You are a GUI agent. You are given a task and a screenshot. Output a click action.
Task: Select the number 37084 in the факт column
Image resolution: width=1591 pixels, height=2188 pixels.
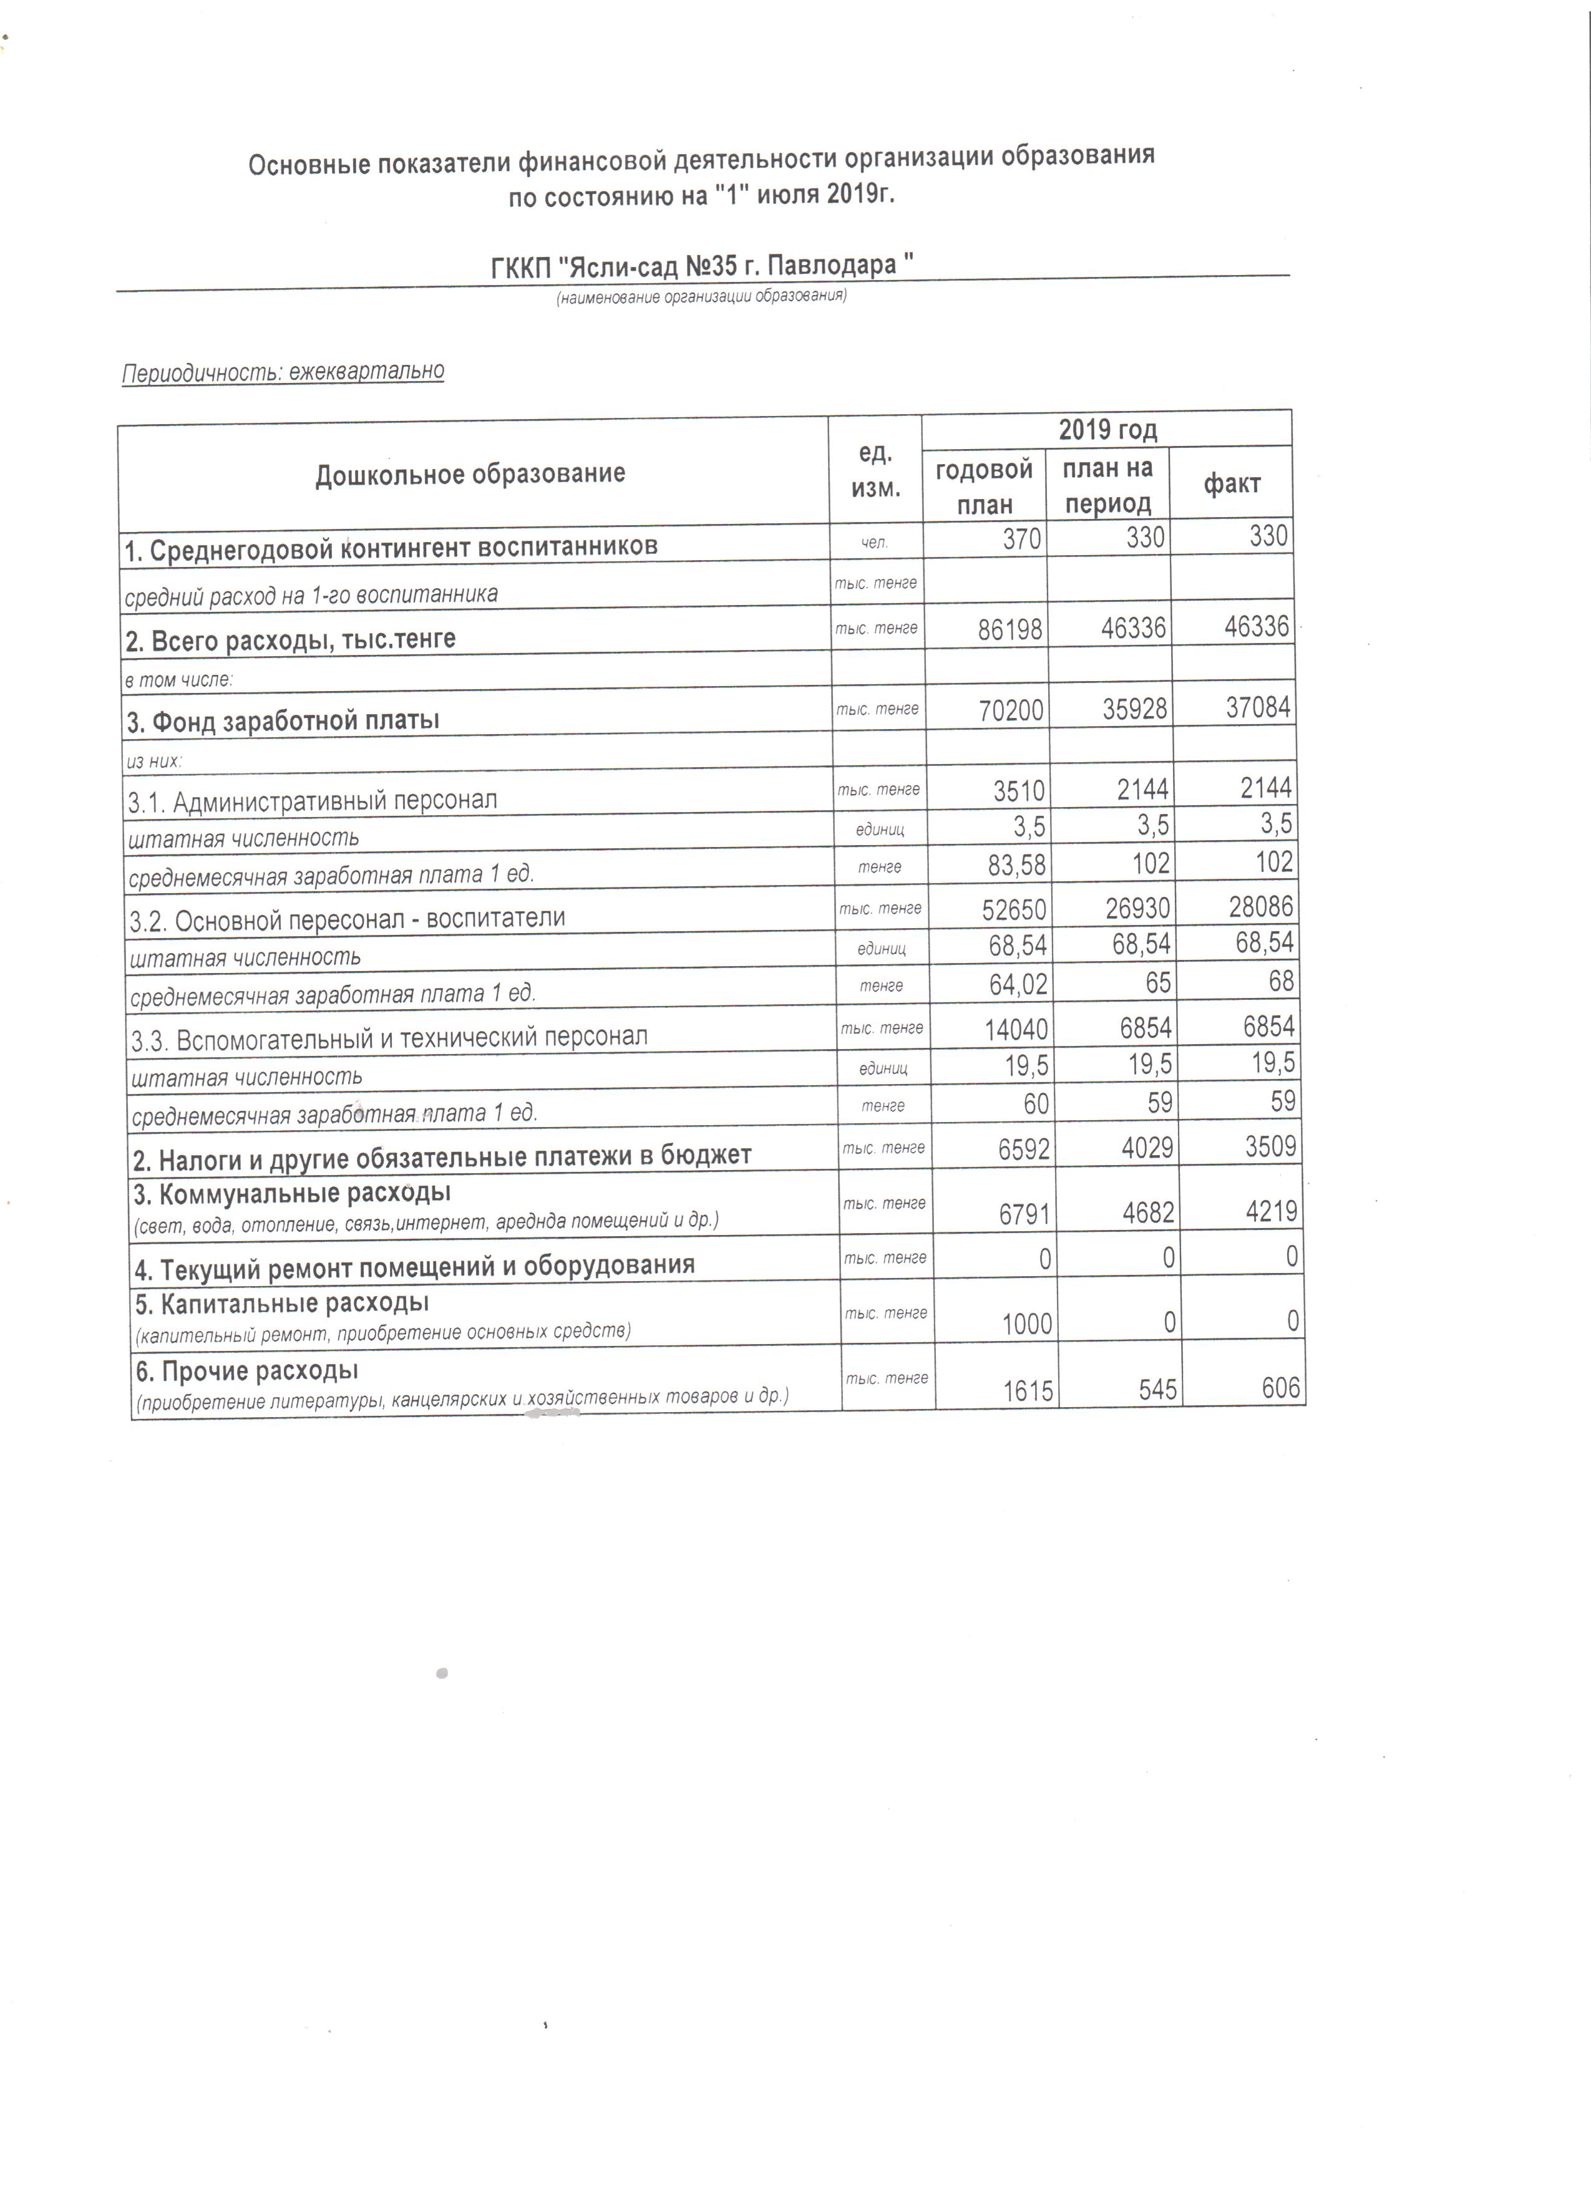coord(1257,708)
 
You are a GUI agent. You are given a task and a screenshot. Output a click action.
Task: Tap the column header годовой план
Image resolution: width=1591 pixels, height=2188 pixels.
coord(983,486)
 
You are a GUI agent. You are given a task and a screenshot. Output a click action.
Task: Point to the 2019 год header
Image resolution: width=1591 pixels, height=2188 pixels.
coord(1107,429)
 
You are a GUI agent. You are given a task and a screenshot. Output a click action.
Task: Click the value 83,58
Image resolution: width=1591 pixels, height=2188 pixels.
coord(1016,864)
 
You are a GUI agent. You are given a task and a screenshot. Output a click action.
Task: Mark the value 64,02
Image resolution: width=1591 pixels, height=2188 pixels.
coord(1018,985)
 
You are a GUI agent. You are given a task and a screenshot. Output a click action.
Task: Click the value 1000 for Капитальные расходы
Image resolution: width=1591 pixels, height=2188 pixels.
coord(1026,1324)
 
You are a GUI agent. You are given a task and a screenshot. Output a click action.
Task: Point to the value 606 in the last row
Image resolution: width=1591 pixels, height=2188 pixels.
coord(1280,1387)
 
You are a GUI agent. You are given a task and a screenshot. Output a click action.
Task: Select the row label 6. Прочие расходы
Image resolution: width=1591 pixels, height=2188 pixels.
coord(247,1370)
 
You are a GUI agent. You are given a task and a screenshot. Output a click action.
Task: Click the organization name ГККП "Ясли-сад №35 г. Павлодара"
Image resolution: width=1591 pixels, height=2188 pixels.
coord(703,265)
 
